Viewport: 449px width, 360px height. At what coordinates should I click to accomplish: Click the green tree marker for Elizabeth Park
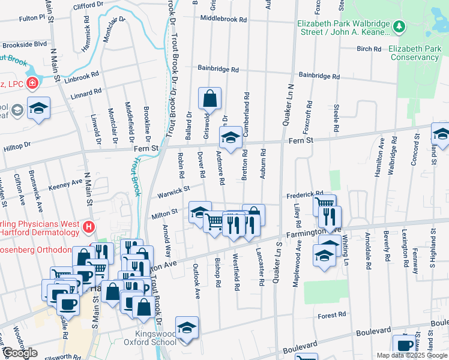pos(399,26)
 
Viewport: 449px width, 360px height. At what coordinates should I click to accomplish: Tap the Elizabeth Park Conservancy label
pos(414,53)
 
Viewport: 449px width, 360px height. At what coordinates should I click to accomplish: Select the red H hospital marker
pos(89,227)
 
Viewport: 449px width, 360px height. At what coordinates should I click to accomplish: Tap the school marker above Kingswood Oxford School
pos(187,328)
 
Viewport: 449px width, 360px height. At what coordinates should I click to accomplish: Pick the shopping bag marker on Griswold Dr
pos(209,98)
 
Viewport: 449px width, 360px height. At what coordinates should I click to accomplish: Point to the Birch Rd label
pos(369,49)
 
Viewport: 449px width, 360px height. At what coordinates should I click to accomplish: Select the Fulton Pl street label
pos(32,19)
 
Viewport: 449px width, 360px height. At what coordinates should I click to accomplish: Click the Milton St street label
pos(166,212)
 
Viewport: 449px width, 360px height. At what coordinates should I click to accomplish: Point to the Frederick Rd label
pos(305,194)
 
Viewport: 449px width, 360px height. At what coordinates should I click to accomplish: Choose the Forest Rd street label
pos(332,315)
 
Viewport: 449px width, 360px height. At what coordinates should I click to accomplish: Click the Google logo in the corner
pos(20,353)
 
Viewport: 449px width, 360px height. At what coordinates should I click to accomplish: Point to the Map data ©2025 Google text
pos(411,355)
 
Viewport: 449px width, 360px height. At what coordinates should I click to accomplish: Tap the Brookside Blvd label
pos(24,45)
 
